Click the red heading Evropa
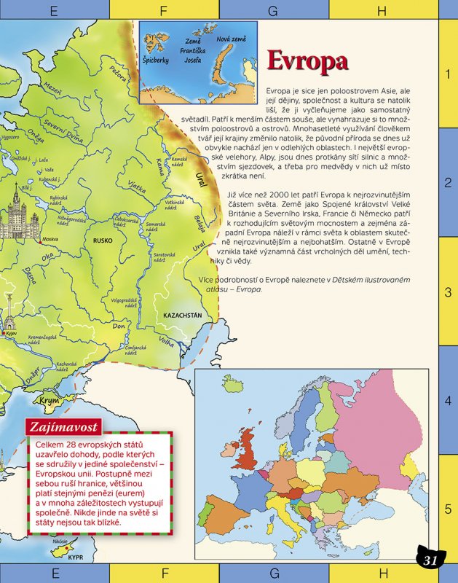point(307,60)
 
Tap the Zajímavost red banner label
point(63,426)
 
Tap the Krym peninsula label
point(49,400)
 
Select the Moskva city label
point(50,238)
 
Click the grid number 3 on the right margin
point(449,293)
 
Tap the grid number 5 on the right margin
point(449,509)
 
